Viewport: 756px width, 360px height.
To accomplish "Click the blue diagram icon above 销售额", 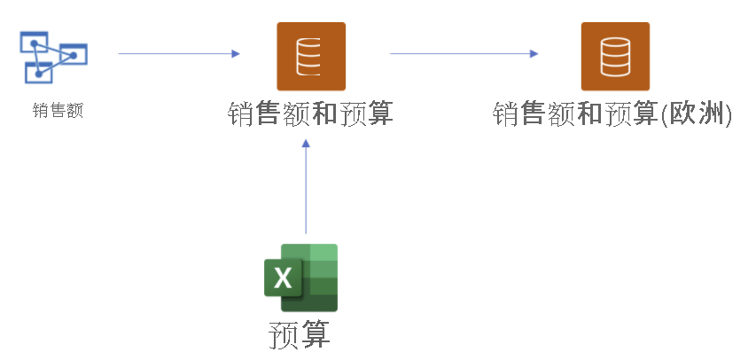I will pyautogui.click(x=53, y=57).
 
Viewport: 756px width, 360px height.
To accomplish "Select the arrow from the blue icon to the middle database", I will pyautogui.click(x=177, y=54).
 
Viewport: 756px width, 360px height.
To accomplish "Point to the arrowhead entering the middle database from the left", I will pyautogui.click(x=236, y=54).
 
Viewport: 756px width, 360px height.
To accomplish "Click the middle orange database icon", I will pyautogui.click(x=310, y=57).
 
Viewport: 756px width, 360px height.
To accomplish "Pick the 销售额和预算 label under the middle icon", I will pyautogui.click(x=310, y=113).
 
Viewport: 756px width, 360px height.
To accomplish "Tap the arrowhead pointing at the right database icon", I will pyautogui.click(x=534, y=54).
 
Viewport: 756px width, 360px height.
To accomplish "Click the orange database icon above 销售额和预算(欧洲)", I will pyautogui.click(x=614, y=57).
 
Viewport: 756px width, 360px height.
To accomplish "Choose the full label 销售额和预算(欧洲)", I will pyautogui.click(x=612, y=114).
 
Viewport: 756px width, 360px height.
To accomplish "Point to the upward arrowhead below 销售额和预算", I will pyautogui.click(x=306, y=146).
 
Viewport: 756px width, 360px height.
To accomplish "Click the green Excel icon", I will pyautogui.click(x=301, y=278).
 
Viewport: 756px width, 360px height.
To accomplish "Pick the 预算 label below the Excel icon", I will pyautogui.click(x=300, y=334).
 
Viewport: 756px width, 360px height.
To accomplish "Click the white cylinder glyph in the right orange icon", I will pyautogui.click(x=614, y=56).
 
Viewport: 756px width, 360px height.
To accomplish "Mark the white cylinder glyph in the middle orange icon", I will pyautogui.click(x=310, y=56).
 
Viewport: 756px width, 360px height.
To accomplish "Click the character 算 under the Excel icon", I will pyautogui.click(x=316, y=334).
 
